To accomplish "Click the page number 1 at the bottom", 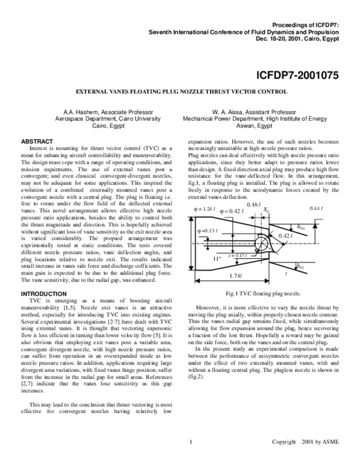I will [190, 443].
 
